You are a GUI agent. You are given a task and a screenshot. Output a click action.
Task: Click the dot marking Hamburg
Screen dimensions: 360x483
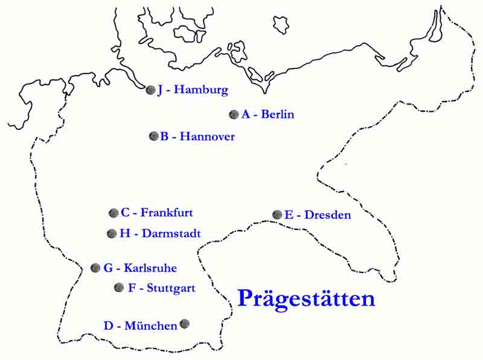click(150, 90)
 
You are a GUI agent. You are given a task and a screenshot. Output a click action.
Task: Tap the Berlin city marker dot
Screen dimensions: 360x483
click(234, 114)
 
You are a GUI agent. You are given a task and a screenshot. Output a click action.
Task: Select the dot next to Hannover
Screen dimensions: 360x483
click(153, 136)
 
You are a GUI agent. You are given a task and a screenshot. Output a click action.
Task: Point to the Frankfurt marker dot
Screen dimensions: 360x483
click(114, 213)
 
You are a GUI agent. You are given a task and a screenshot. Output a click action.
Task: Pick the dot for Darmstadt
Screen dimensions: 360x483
click(112, 234)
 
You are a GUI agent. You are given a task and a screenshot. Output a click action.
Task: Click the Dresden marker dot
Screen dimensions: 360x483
click(277, 214)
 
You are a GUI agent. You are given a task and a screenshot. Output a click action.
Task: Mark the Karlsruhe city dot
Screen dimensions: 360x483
click(95, 268)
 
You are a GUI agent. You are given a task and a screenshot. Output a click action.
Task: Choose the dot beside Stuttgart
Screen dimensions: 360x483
click(119, 288)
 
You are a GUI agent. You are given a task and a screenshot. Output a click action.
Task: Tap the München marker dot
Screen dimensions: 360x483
click(185, 324)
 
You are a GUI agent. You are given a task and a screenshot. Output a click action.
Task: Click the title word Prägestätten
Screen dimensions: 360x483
click(306, 299)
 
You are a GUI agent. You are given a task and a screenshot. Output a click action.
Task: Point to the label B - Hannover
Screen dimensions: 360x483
click(197, 137)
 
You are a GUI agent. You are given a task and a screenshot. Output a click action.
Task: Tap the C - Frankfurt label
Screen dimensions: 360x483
click(157, 213)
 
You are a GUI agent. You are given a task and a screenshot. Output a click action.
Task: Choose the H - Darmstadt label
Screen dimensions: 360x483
click(160, 234)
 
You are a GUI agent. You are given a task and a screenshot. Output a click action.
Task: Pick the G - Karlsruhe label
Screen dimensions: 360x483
click(140, 268)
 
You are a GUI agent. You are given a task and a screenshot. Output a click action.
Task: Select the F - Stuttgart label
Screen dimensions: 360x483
click(162, 288)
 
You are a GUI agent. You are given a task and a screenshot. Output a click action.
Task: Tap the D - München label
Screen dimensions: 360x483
click(140, 326)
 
